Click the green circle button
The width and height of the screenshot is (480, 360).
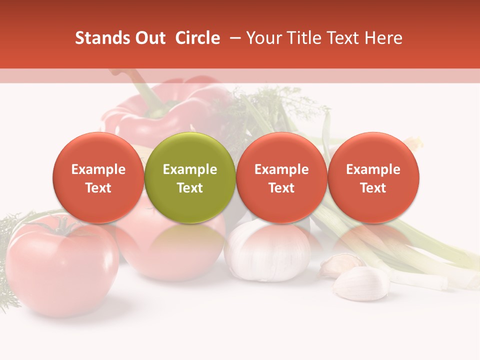point(190,177)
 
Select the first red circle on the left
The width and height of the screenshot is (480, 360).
point(98,177)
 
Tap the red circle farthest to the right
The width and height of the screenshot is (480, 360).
point(373,177)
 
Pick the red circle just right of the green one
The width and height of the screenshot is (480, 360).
point(281,177)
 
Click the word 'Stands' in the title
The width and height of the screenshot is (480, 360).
point(102,38)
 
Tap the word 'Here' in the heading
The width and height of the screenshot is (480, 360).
point(384,38)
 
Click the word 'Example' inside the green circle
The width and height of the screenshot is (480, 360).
point(190,169)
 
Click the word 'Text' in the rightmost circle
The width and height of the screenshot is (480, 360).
point(373,188)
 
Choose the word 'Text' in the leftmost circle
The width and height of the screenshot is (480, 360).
point(98,188)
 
